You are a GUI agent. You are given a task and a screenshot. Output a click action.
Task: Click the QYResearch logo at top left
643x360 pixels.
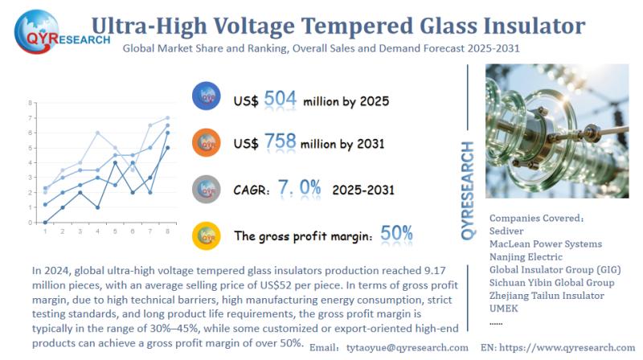[x=50, y=30]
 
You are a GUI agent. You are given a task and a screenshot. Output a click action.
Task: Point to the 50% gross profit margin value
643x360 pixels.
[x=397, y=234]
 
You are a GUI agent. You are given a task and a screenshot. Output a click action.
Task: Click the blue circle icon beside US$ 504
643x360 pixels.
[x=207, y=97]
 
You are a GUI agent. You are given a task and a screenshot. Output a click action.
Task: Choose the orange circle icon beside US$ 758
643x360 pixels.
[x=207, y=143]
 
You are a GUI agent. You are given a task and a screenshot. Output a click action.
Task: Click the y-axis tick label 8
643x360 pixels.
[x=30, y=103]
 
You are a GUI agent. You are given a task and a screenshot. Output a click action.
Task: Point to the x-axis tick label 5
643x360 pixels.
[x=115, y=231]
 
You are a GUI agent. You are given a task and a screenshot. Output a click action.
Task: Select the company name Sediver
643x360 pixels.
[x=509, y=230]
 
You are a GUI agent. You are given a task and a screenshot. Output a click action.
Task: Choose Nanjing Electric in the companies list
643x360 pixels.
[x=530, y=256]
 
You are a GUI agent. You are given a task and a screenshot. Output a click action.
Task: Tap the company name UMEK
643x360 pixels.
[x=505, y=309]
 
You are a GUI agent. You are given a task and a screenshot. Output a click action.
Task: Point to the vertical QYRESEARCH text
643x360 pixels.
[x=469, y=189]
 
